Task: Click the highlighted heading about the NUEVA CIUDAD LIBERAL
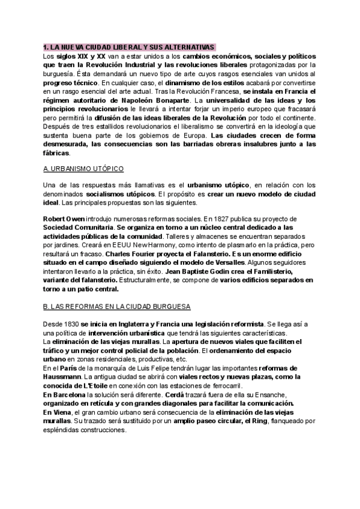tap(129, 46)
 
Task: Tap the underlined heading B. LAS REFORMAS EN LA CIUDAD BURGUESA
tap(117, 307)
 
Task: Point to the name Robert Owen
tap(64, 220)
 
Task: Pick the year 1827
tap(236, 220)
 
